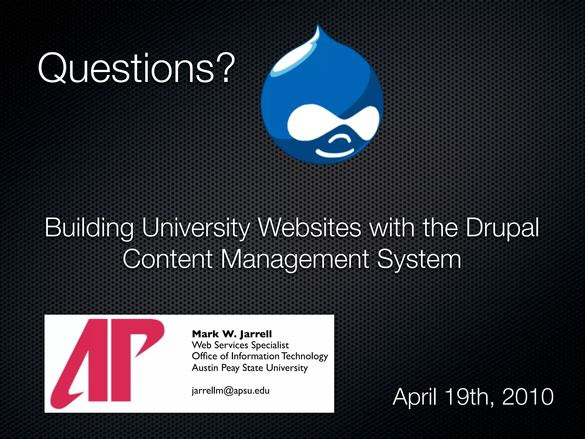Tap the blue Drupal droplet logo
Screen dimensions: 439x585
pyautogui.click(x=322, y=97)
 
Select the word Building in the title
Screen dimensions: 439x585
pyautogui.click(x=89, y=228)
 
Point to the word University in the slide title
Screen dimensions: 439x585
pyautogui.click(x=196, y=228)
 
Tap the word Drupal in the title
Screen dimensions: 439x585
pyautogui.click(x=502, y=228)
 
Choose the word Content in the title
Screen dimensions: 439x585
pyautogui.click(x=167, y=259)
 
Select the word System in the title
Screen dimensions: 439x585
pyautogui.click(x=419, y=259)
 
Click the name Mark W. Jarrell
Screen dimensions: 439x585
pyautogui.click(x=232, y=334)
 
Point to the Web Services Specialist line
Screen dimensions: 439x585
pyautogui.click(x=240, y=345)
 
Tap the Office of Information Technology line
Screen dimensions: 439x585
pyautogui.click(x=260, y=356)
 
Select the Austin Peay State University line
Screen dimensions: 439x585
pyautogui.click(x=250, y=368)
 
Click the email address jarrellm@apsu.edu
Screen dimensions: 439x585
pyautogui.click(x=231, y=390)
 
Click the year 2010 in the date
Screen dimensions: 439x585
pyautogui.click(x=528, y=397)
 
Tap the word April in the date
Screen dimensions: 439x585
pyautogui.click(x=414, y=397)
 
